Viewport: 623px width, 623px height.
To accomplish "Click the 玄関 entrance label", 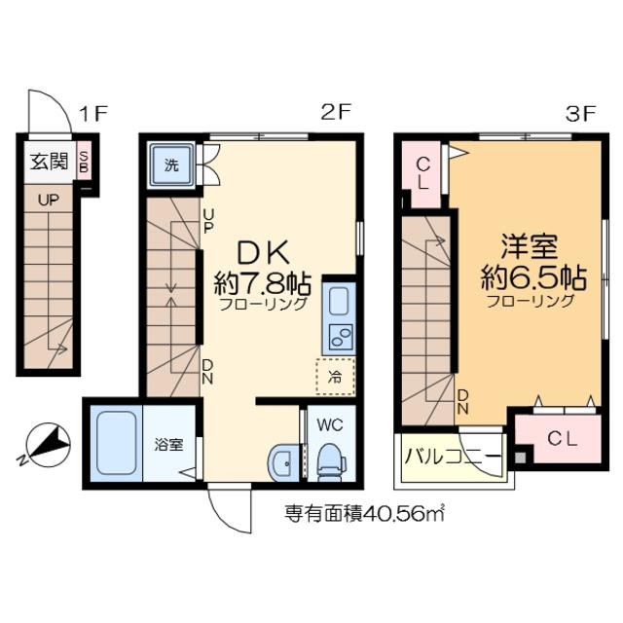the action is [x=50, y=162].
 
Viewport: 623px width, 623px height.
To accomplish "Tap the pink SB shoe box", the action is [x=84, y=161].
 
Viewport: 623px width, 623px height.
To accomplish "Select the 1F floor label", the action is [x=93, y=114].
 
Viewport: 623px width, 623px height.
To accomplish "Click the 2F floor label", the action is [x=336, y=113].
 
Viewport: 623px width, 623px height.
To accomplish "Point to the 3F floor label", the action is [x=580, y=115].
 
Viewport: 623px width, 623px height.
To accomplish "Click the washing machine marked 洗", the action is [x=171, y=165].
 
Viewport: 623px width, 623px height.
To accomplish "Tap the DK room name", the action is [x=263, y=253].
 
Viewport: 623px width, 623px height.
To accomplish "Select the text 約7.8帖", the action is [x=263, y=284].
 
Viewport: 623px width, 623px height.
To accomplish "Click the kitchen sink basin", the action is [x=339, y=301].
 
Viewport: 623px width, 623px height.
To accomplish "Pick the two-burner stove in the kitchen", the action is [x=341, y=338].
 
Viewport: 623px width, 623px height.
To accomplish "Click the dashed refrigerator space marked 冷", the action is [x=335, y=377].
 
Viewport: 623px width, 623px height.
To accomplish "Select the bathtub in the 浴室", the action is [x=117, y=443].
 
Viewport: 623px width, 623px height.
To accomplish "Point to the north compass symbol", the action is [x=48, y=444].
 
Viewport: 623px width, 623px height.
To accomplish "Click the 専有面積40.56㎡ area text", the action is [x=364, y=515].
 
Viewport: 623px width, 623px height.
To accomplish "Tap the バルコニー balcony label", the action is [x=452, y=457].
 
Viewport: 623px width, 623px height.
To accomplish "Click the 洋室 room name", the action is [x=529, y=246].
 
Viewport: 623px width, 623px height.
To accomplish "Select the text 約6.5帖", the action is [x=533, y=278].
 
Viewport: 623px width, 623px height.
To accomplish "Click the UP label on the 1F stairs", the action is [x=49, y=201].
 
